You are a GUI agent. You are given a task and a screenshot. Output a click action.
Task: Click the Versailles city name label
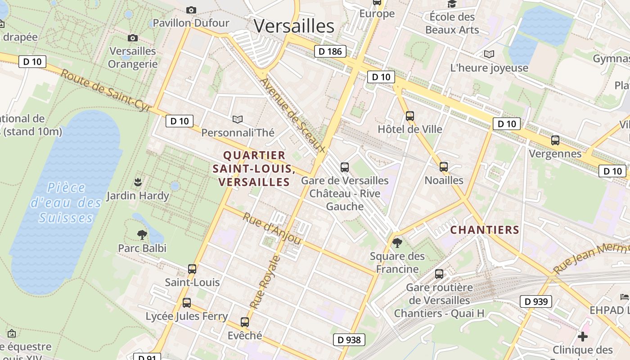coord(294,26)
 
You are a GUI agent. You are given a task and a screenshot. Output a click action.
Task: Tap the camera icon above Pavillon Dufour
coord(191,10)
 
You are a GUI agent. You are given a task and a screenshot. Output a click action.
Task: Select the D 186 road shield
coord(330,51)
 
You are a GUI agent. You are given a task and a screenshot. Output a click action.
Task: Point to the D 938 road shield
coord(349,340)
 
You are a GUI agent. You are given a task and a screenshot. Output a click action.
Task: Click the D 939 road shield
coord(536,301)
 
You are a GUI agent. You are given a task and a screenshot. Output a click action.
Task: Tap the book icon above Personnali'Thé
coord(237,119)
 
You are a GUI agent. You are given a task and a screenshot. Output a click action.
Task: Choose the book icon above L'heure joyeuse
coord(489,54)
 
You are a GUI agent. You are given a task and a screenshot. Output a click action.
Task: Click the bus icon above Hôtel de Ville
coord(409,116)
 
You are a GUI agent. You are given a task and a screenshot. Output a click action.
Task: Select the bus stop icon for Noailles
coord(444,167)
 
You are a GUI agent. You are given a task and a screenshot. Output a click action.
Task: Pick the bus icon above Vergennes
coord(555,140)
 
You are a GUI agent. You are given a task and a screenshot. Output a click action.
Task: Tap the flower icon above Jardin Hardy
coord(138,182)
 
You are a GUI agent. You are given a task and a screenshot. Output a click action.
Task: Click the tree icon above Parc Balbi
coord(142,234)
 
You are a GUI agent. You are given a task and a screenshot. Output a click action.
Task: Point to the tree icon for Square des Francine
coord(397,243)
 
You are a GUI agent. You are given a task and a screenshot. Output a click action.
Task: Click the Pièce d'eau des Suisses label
coord(66,202)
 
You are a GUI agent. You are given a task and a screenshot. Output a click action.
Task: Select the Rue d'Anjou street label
coord(272,228)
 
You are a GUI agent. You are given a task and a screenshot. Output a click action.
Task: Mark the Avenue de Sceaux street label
coord(292,115)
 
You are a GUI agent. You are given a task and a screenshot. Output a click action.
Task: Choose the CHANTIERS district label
coord(485,230)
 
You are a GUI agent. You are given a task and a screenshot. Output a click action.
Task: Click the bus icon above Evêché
coord(245,322)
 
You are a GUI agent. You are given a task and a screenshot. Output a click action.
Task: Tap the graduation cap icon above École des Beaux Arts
coord(452,4)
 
